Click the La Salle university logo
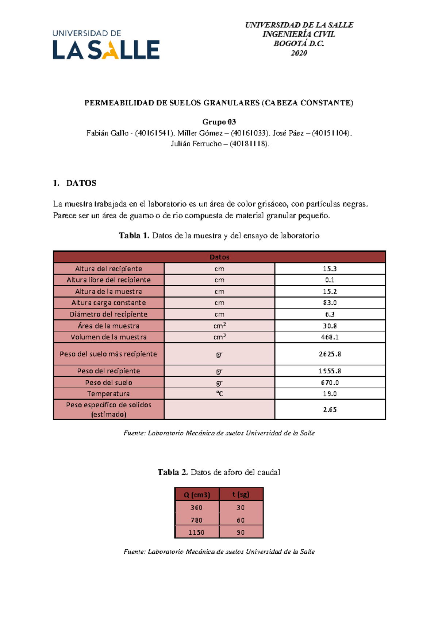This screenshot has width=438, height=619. [106, 45]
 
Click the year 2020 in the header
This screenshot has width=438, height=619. [299, 53]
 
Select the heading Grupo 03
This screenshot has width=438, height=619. [219, 122]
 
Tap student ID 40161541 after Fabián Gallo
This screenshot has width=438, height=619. [154, 133]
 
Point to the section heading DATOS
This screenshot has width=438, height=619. [81, 183]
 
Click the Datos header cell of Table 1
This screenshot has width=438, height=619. [219, 257]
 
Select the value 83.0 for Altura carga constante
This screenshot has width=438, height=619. [330, 303]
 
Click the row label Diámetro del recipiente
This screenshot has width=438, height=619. [108, 314]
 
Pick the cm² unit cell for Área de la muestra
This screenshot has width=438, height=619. [219, 326]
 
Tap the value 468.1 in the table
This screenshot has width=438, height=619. [330, 337]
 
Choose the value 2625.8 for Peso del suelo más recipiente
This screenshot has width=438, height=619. [330, 354]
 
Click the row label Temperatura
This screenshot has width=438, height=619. [108, 394]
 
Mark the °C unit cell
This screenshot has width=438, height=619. [219, 394]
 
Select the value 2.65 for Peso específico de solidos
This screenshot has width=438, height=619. [330, 410]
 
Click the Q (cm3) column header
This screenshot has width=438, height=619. [197, 495]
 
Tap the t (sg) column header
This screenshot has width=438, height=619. [241, 495]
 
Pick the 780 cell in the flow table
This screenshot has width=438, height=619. [196, 520]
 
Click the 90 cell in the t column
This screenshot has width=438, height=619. [241, 533]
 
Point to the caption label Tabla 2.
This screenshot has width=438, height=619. [172, 472]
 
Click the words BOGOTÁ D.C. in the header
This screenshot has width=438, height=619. [299, 44]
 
